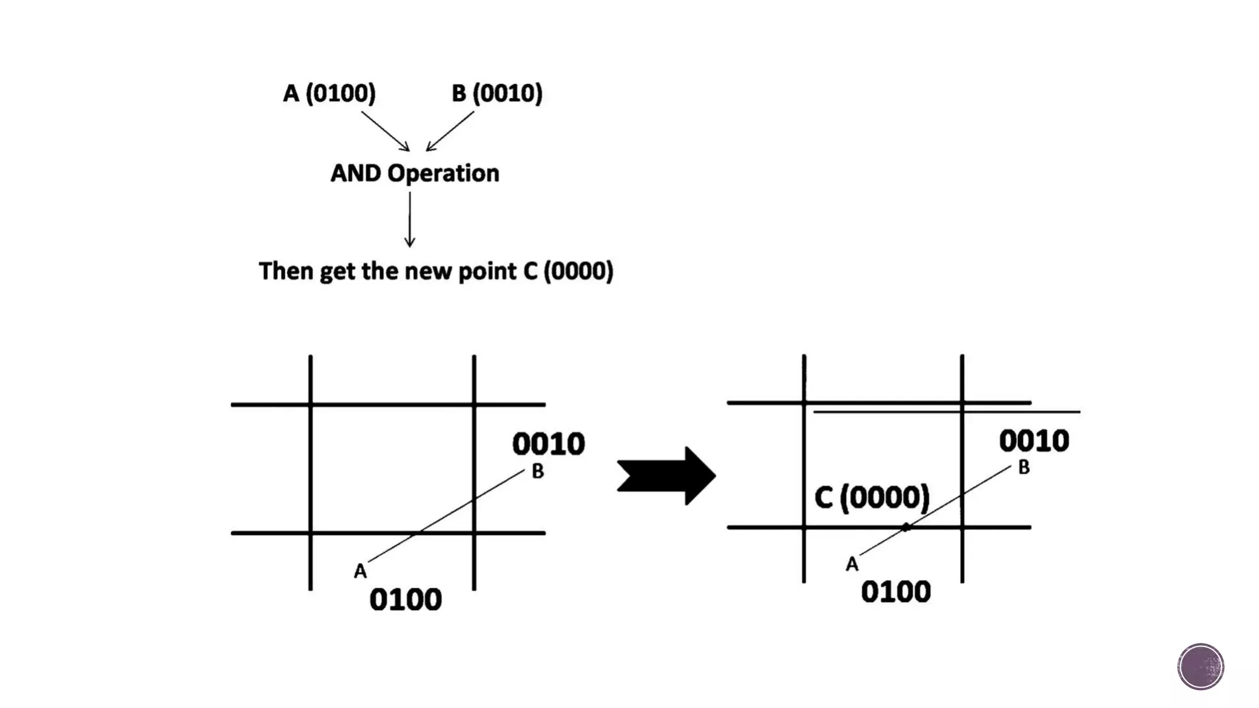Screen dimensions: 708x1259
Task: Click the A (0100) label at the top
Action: (329, 93)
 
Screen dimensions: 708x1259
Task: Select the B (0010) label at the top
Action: (497, 93)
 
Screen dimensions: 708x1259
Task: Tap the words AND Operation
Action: (415, 173)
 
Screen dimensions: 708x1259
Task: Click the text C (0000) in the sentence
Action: (568, 271)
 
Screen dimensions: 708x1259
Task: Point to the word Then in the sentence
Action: (285, 271)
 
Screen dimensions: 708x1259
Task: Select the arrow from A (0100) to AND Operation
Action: (385, 131)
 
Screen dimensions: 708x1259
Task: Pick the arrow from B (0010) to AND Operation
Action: (449, 131)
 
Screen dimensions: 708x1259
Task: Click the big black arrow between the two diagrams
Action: (666, 476)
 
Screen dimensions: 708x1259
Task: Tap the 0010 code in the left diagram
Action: (548, 444)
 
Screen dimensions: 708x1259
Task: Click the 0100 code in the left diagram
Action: (405, 599)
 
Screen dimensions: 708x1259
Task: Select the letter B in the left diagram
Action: (537, 471)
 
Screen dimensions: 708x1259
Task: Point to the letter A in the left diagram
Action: (360, 572)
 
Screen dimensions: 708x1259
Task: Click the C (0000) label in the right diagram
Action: (872, 497)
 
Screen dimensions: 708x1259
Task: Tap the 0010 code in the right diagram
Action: (1034, 441)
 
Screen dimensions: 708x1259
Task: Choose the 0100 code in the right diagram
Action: (896, 592)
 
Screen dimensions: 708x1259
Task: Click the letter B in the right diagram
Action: (1024, 468)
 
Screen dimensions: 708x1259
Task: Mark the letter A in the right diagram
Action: (851, 564)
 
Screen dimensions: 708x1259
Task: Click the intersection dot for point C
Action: (906, 527)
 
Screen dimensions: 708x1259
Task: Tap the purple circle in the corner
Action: (1201, 667)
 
